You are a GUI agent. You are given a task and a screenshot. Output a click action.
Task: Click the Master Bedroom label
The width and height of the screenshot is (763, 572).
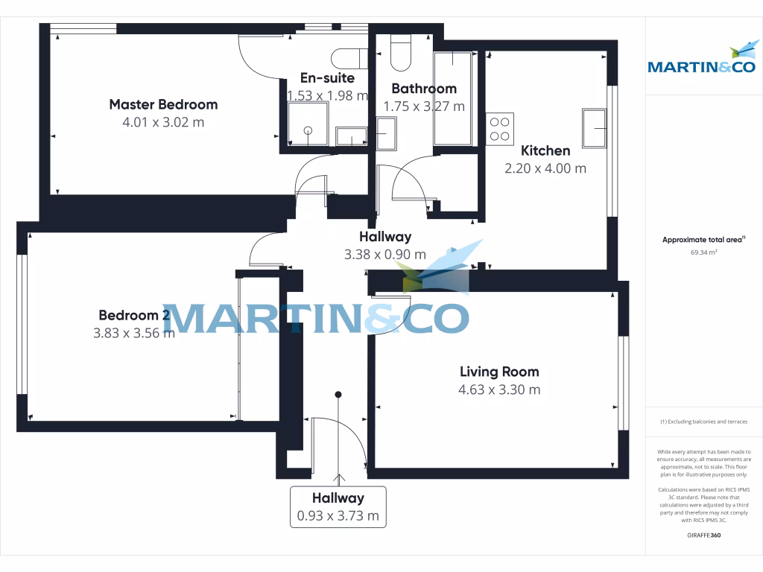163,104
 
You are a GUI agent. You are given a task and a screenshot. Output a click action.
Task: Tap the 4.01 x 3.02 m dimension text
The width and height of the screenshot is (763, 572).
163,122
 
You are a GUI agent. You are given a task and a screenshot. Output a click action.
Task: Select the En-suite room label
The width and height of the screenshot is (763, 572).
327,77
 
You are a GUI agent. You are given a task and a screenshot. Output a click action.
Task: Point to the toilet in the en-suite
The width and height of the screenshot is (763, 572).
349,58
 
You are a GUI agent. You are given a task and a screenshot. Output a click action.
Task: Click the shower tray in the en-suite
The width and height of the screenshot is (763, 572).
308,124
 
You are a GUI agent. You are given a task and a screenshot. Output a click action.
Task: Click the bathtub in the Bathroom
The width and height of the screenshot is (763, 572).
453,98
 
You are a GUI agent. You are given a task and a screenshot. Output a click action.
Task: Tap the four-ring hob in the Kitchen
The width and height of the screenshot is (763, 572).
499,127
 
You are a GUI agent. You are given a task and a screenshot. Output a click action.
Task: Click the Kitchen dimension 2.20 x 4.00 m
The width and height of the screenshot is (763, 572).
545,168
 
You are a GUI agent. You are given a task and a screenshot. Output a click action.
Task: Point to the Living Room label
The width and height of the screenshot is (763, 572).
499,372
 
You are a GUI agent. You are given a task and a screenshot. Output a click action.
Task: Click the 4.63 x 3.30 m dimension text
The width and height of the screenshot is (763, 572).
499,390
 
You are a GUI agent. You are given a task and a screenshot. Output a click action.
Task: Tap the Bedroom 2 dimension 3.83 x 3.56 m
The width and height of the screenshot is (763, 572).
134,333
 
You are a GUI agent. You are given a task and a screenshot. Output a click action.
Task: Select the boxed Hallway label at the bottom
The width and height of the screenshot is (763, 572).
338,498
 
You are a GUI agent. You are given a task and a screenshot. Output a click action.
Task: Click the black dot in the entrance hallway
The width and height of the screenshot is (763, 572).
338,395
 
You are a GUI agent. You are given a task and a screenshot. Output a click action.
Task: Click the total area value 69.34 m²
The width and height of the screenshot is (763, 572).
703,252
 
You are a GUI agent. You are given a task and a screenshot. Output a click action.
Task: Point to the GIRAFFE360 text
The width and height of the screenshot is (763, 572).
703,535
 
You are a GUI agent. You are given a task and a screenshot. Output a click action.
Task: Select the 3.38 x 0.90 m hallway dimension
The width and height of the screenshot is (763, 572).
385,255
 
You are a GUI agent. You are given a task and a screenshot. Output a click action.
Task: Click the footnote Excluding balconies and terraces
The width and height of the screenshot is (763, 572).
703,422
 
